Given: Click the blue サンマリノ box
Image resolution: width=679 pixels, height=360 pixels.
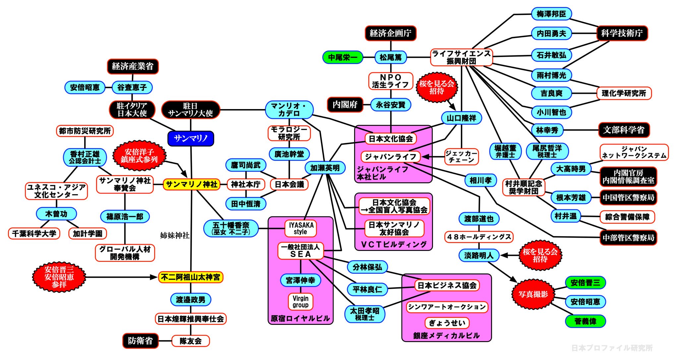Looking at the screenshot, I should coord(191,139).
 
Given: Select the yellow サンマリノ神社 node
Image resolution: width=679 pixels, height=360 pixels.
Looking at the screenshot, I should coord(191,184).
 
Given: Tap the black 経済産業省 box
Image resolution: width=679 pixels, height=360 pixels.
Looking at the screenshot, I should coord(133,66).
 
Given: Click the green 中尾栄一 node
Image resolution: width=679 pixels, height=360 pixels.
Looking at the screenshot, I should coord(343,57).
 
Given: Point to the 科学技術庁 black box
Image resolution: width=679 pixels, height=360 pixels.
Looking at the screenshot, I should coord(622,33).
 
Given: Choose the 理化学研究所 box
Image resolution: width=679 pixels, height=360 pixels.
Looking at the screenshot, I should coord(624,93).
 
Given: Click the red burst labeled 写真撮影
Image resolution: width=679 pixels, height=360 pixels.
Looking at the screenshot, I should coord(533,294).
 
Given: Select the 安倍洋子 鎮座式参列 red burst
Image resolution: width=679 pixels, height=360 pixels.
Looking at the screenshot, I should coord(139,156).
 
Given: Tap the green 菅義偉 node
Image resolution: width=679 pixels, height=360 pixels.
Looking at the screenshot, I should coord(585,321).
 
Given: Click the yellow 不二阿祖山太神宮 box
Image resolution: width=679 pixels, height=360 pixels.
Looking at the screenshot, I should coord(191,277).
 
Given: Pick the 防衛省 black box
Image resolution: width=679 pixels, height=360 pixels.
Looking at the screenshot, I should coord(140,341).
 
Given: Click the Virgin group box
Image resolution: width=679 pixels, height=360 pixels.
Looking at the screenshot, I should coord(300,302).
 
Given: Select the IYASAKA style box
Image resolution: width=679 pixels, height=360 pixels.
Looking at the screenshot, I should coord(301,228).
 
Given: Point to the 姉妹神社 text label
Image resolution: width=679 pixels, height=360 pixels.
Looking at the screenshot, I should coord(175,235).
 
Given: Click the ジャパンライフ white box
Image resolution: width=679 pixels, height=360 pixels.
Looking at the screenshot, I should coord(390,156).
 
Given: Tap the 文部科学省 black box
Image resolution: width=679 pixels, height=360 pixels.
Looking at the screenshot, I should coord(624,130).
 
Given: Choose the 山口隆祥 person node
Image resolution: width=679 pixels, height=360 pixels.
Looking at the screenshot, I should coord(461,118).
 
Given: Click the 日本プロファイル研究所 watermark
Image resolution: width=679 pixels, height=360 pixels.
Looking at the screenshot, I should coord(612,348).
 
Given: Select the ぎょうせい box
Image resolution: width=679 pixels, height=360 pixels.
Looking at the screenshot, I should coord(447,323).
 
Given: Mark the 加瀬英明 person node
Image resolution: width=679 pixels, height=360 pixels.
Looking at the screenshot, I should coord(325,168).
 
